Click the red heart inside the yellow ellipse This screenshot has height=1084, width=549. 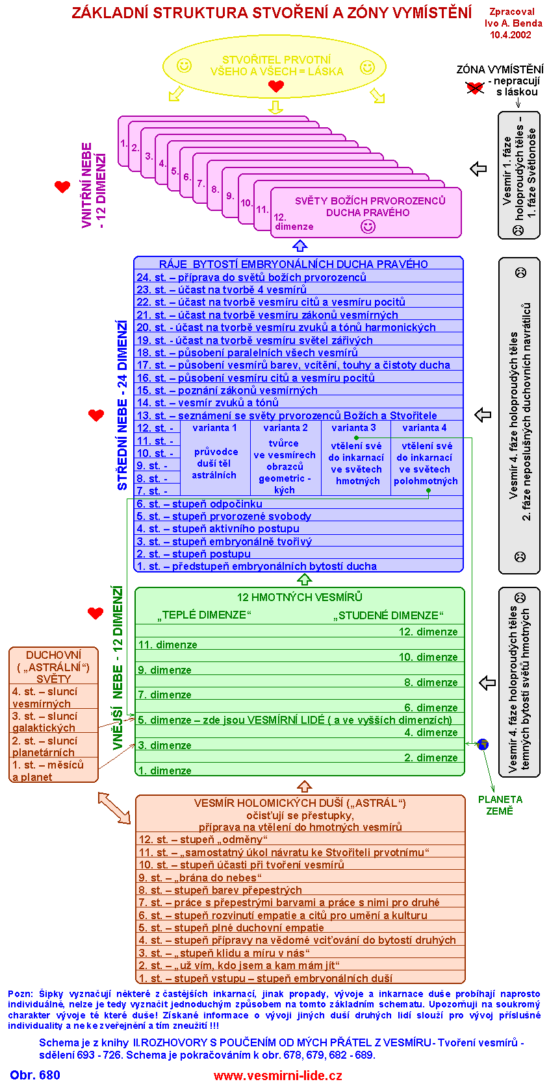[276, 86]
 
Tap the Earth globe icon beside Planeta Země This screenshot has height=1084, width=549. [483, 745]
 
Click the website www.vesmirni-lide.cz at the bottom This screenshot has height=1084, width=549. [277, 1076]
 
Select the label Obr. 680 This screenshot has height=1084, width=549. [35, 1075]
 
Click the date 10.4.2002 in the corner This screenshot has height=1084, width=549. [511, 35]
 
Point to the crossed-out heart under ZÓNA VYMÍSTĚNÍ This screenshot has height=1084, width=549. [475, 88]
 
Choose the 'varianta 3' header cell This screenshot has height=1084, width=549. [353, 428]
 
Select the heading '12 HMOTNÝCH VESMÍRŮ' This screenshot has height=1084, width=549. [300, 597]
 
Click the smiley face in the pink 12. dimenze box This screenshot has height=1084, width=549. [368, 227]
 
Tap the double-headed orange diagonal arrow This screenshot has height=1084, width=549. [114, 808]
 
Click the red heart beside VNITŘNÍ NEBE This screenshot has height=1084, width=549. [62, 187]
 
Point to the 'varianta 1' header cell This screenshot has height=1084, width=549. [214, 428]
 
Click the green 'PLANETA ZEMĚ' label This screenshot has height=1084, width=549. [500, 805]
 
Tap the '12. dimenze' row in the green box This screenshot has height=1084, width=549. [428, 632]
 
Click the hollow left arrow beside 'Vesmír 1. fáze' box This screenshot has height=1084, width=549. [478, 169]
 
